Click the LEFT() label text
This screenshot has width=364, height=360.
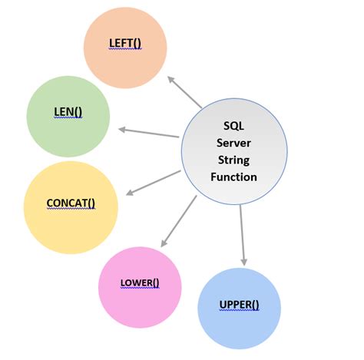(x=125, y=45)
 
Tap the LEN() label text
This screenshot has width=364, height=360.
(x=68, y=113)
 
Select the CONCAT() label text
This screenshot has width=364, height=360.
(x=71, y=203)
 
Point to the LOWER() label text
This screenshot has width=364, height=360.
(x=140, y=282)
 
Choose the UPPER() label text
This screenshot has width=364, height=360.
(x=240, y=305)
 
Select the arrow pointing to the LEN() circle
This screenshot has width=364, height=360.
(x=150, y=133)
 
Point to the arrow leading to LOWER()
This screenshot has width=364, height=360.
(x=177, y=221)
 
